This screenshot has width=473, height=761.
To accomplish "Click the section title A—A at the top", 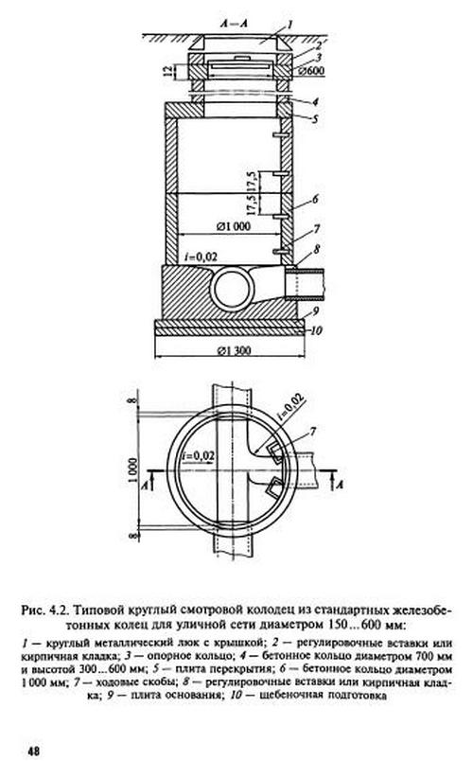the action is coord(234,24).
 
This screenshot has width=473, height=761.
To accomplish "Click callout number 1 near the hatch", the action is coord(289,24).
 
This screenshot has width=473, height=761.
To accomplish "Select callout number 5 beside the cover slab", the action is coord(315,118).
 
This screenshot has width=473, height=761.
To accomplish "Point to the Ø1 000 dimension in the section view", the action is coord(234,226).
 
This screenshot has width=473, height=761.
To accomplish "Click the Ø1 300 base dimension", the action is coord(234,350).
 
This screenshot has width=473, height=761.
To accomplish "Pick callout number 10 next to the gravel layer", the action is coord(316,331).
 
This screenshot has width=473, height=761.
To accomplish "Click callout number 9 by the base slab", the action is coord(314,310).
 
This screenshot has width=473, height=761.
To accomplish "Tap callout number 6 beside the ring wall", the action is coord(315,199).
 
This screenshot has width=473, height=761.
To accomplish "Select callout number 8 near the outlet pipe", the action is coord(316,250).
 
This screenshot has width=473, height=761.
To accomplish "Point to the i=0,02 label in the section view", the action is coord(201,257).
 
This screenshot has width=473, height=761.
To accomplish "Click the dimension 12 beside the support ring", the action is coord(167,71).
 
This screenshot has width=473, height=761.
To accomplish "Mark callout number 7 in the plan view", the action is coord(313,431).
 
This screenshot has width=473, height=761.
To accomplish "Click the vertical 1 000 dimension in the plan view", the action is coord(133,470).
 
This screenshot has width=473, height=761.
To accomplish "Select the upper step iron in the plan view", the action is coord(276,451).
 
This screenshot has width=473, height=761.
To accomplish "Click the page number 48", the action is coord(33,752).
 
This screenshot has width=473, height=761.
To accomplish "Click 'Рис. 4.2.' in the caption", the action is coord(43,610).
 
